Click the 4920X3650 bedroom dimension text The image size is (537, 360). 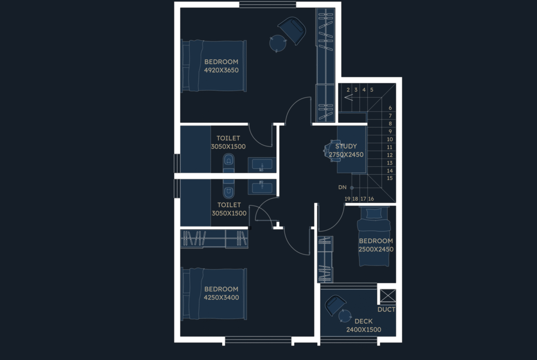click(x=221, y=70)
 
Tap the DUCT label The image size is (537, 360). click(x=386, y=310)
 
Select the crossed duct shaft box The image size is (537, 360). click(x=388, y=296)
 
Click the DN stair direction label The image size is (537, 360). click(x=342, y=187)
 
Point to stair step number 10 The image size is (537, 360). click(x=390, y=139)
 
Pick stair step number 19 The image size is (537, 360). click(x=347, y=199)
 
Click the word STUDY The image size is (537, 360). click(x=346, y=146)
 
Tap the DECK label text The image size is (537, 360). click(x=364, y=321)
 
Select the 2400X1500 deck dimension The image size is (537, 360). click(x=364, y=330)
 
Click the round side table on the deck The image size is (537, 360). click(x=345, y=316)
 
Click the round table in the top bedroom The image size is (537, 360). click(x=277, y=44)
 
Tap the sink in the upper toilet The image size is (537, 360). click(x=262, y=165)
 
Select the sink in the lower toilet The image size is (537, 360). click(x=262, y=187)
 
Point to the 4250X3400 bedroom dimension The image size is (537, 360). click(x=221, y=297)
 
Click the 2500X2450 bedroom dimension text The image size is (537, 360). click(x=376, y=249)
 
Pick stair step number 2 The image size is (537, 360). click(x=348, y=90)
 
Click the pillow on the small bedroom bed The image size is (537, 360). click(x=374, y=213)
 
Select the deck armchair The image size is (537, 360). click(x=335, y=305)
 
